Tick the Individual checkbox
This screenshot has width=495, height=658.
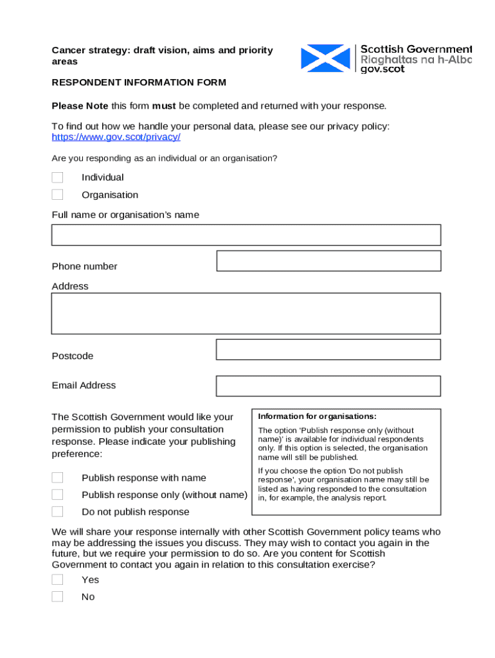click(57, 177)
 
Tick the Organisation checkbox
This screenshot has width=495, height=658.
click(57, 195)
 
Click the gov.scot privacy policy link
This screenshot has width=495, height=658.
click(116, 138)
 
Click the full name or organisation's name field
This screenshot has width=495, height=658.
click(246, 235)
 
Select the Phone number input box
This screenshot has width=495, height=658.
click(328, 261)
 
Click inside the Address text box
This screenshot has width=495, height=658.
click(246, 314)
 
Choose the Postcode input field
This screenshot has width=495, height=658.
click(328, 350)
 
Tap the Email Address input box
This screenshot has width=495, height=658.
click(328, 386)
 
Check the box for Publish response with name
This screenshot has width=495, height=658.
click(57, 477)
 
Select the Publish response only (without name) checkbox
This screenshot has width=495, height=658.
click(57, 495)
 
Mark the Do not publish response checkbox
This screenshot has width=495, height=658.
click(57, 511)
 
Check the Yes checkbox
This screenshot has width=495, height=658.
click(57, 580)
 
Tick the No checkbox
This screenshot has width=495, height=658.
click(57, 597)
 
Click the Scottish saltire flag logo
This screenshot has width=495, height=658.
click(327, 58)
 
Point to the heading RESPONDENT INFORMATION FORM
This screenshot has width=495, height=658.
click(139, 83)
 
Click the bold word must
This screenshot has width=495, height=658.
click(164, 106)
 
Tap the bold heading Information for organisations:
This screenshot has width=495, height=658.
click(317, 416)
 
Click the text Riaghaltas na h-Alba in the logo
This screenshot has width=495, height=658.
click(415, 59)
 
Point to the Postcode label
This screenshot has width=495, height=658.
click(73, 356)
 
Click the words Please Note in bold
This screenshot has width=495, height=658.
click(80, 106)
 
